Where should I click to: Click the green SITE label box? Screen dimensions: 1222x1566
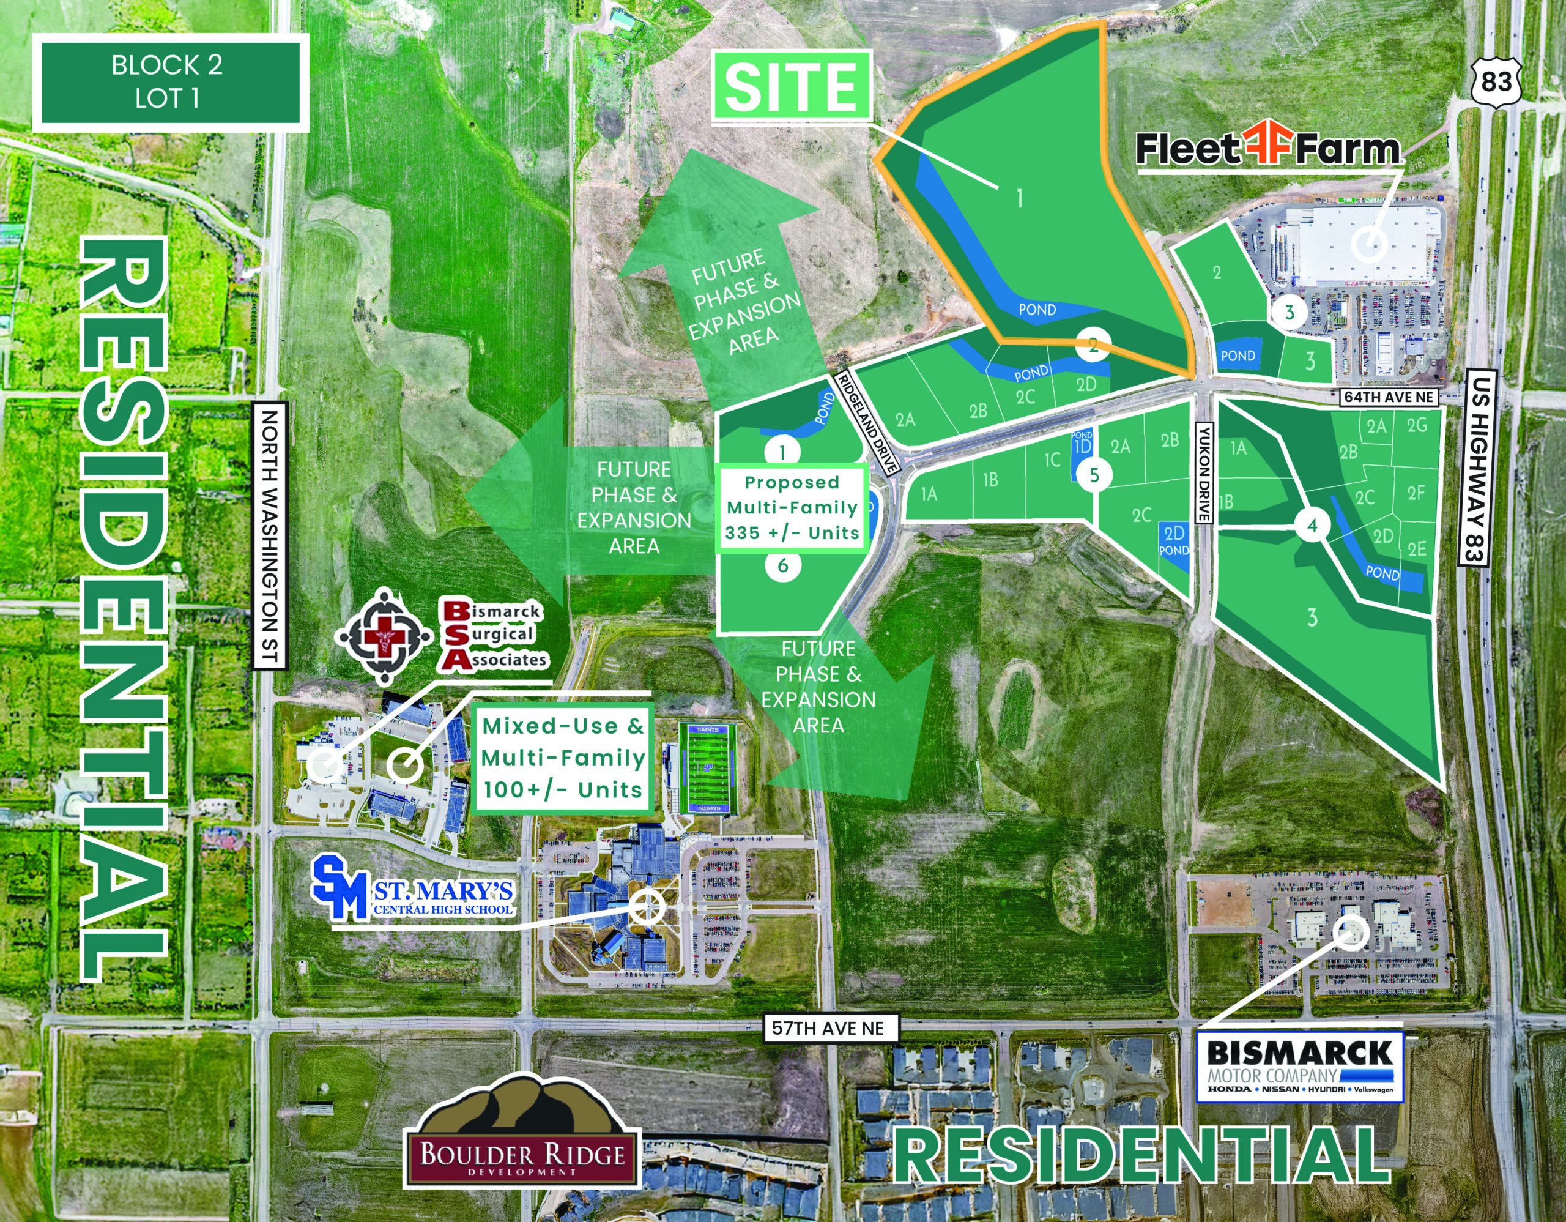(792, 87)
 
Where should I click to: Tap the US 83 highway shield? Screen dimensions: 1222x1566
(1496, 83)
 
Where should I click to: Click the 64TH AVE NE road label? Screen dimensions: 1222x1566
(1388, 397)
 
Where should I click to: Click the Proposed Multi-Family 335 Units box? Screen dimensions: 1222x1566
(792, 508)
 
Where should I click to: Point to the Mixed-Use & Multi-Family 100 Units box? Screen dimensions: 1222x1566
(563, 758)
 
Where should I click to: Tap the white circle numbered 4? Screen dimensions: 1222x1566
(1312, 526)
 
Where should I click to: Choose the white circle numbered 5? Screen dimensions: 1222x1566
(1094, 474)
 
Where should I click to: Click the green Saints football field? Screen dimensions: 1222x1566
(707, 769)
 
